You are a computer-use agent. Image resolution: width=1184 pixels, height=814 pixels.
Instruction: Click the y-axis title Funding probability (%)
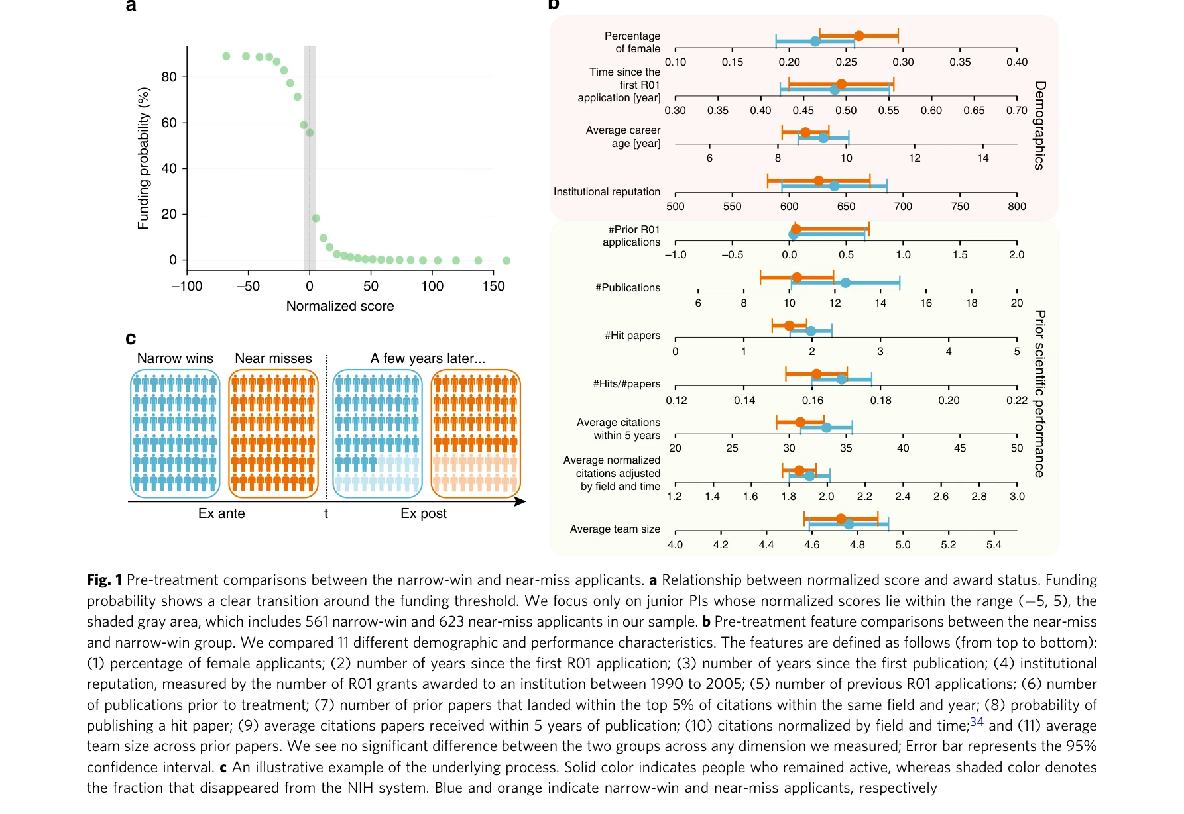coord(143,158)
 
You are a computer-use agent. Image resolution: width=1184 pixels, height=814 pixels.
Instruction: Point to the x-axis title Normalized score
coord(340,306)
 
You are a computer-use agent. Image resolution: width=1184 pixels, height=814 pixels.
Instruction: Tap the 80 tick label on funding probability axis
coord(169,77)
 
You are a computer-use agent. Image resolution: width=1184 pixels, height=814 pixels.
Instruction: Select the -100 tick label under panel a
coord(187,286)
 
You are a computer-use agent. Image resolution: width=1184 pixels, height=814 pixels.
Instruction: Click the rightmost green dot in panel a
coord(506,260)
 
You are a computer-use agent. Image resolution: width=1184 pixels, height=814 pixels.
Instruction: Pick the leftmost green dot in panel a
coord(226,56)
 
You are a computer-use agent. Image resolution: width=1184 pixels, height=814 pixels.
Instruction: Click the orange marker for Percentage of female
coord(858,36)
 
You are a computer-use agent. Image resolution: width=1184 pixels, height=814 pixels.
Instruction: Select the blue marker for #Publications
coord(845,283)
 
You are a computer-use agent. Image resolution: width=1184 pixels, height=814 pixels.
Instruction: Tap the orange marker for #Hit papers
coord(789,325)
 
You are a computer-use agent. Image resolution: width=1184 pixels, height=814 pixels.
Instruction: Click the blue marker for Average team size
coord(849,524)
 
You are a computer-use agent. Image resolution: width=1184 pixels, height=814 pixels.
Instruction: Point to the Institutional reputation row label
coord(607,192)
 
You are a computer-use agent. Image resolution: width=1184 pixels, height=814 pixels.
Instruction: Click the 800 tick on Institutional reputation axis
coord(1017,207)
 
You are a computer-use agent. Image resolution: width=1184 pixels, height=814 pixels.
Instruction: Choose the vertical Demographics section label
coord(1039,125)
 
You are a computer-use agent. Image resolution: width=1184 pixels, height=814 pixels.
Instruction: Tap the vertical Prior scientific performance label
coord(1039,393)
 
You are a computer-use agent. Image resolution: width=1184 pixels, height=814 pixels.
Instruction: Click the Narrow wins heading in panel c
coord(175,358)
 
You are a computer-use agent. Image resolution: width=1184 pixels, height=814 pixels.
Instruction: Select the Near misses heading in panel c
coord(273,358)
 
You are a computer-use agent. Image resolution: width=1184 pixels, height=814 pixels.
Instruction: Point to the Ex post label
coord(424,513)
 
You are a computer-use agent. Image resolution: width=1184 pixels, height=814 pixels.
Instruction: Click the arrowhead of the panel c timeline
coord(521,501)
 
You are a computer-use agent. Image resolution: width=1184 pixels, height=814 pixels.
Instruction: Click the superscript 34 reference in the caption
coord(977,722)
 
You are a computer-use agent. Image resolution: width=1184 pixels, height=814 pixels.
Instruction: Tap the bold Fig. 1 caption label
coord(104,580)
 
